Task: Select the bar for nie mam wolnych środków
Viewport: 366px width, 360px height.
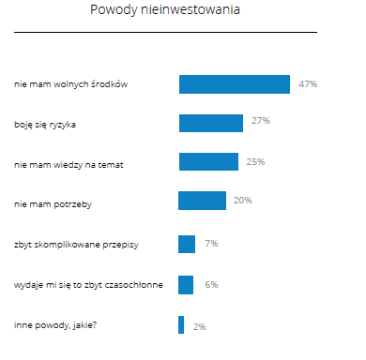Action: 234,84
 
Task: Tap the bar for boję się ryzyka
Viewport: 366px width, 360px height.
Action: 210,123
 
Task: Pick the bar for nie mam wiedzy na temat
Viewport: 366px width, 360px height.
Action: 207,163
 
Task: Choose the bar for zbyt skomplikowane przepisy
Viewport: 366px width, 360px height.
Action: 187,244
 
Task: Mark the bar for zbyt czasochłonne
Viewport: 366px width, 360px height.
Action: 186,284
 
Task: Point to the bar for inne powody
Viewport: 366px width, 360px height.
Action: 181,324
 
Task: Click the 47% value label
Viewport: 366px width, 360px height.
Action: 308,84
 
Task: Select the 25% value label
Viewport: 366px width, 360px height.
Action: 255,162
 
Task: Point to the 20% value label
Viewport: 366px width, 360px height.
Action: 242,201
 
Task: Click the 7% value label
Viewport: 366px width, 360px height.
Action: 211,244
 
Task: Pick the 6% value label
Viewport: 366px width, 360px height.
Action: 211,284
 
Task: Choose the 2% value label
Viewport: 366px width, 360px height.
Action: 199,326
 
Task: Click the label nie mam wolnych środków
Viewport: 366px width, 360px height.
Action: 71,85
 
